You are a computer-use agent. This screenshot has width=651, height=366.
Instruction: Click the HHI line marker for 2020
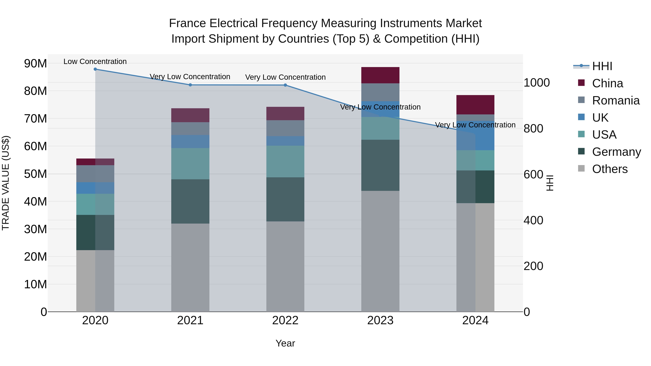point(95,69)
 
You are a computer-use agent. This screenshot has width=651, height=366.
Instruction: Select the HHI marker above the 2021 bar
point(190,85)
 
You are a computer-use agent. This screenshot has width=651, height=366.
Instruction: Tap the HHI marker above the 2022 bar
point(285,85)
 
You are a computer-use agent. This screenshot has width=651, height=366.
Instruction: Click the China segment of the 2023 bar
point(380,75)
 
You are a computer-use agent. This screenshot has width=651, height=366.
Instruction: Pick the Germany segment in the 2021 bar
point(190,201)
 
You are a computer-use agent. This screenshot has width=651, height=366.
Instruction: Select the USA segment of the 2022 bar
point(285,161)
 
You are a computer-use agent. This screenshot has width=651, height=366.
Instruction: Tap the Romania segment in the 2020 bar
point(95,174)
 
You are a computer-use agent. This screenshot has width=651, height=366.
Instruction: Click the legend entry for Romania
point(616,100)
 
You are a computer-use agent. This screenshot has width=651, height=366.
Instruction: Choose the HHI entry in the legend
point(602,66)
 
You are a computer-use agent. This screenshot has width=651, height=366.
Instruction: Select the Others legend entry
point(610,169)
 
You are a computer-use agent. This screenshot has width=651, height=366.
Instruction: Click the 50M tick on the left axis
point(35,174)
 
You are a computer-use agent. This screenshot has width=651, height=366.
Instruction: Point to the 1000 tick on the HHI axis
point(537,83)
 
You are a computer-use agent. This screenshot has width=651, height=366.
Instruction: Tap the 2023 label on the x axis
point(380,320)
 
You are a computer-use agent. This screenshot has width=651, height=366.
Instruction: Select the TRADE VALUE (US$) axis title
point(6,183)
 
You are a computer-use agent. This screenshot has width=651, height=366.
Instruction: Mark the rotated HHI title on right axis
point(550,183)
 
